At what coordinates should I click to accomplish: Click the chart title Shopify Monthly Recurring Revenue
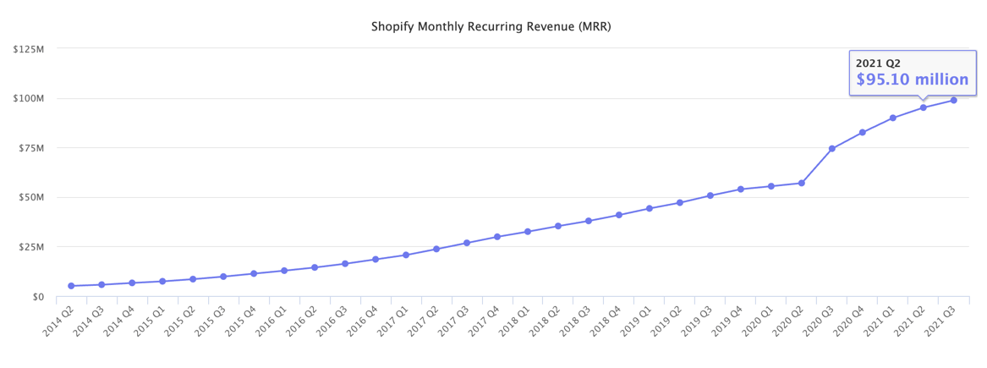pos(491,27)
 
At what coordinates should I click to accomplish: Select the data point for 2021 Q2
pos(923,107)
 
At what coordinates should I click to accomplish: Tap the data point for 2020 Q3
pos(831,149)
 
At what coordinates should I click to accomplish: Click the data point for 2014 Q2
pos(71,286)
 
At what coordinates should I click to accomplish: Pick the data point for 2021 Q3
pos(953,100)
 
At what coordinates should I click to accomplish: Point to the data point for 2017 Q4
pos(497,237)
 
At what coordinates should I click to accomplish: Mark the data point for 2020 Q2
pos(801,183)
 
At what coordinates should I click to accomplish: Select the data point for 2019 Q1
pos(649,208)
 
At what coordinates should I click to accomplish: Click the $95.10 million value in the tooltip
pos(912,80)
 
